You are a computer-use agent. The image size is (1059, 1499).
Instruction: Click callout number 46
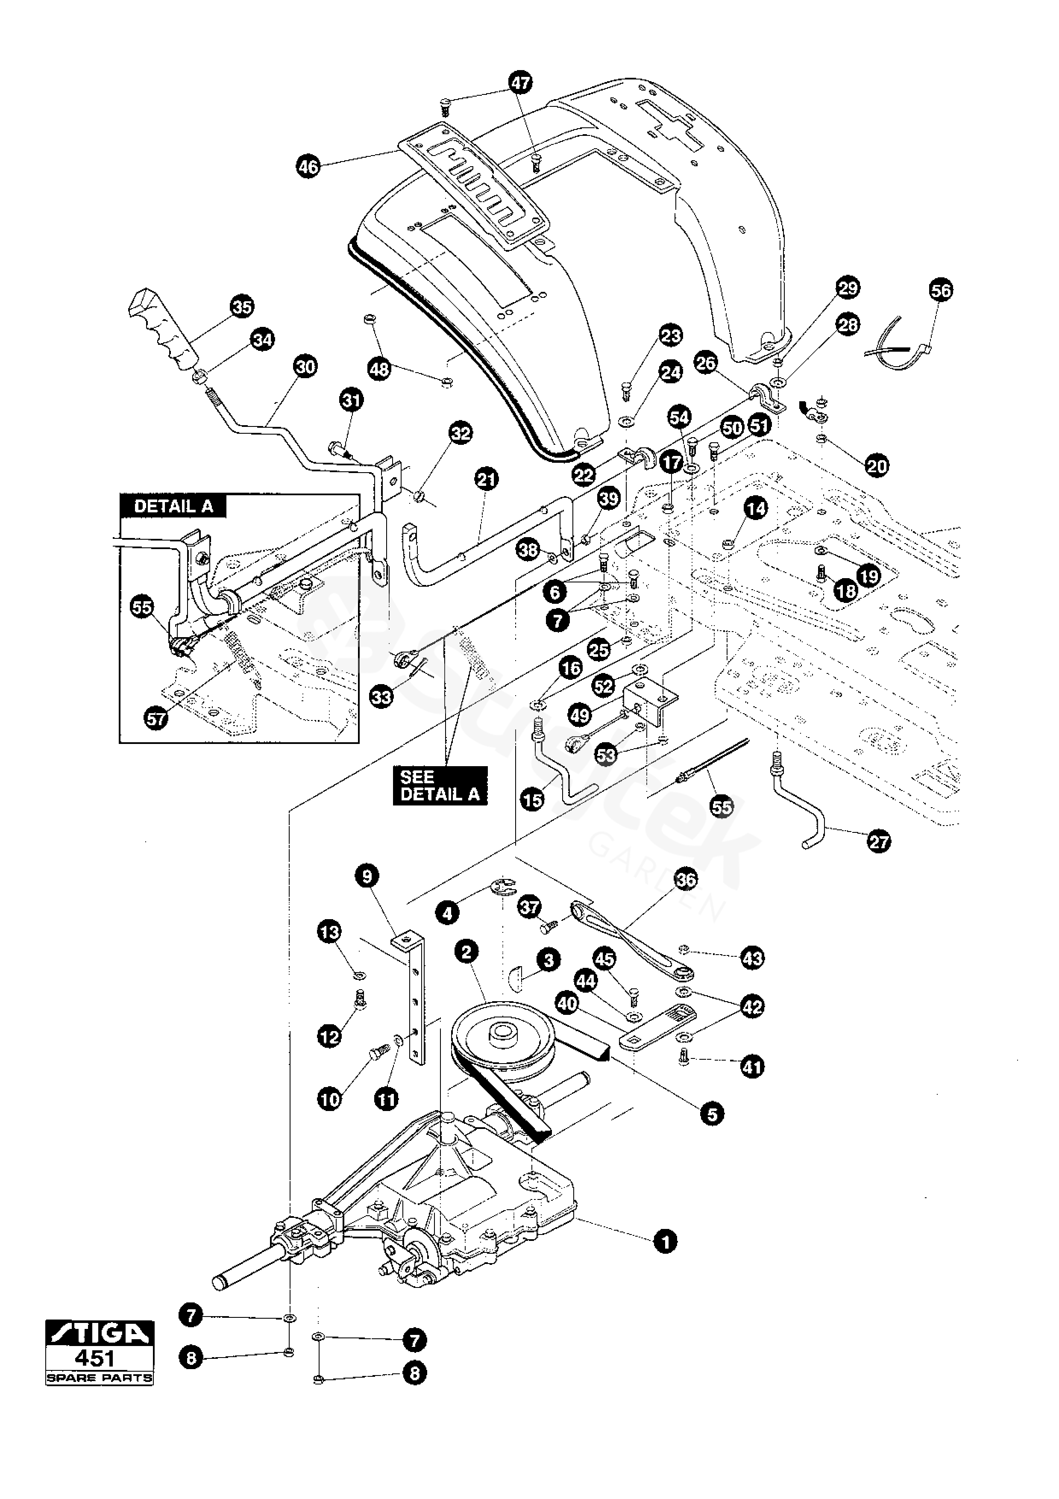coord(308,167)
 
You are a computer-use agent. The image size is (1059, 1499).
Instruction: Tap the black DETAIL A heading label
coord(173,507)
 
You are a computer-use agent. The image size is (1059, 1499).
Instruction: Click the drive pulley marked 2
coord(501,1036)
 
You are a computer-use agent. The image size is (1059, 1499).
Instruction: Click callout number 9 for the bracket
coord(367,876)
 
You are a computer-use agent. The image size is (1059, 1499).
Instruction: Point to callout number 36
coord(686,879)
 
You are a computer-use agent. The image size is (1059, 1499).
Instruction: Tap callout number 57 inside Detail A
coord(156,719)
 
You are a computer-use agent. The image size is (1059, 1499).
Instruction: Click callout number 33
coord(382,697)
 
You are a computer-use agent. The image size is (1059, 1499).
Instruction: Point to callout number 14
coord(756,508)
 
